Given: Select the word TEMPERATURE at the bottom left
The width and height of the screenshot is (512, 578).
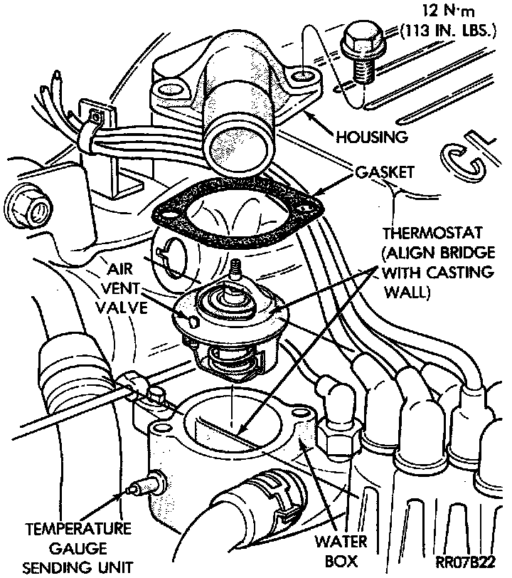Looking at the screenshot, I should [78, 530].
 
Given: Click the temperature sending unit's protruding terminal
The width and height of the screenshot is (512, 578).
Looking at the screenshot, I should [134, 489].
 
